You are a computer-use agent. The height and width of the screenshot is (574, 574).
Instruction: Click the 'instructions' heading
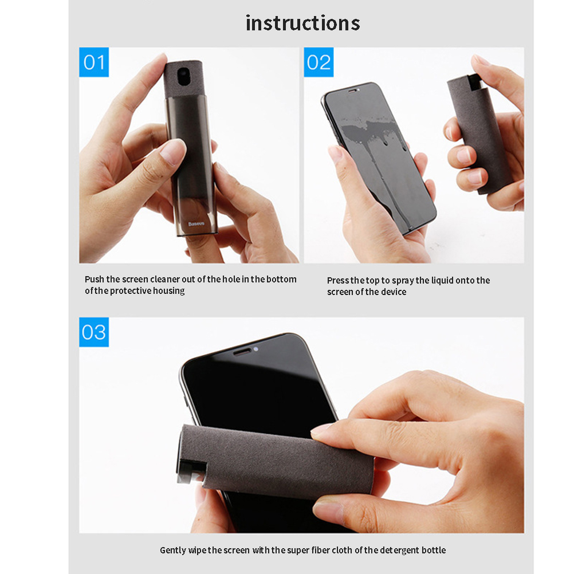click(302, 23)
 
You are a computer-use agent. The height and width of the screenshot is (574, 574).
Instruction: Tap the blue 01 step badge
click(94, 62)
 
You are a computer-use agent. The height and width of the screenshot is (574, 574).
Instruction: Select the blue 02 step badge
click(319, 62)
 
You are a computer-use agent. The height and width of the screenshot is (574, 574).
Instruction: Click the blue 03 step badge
click(94, 332)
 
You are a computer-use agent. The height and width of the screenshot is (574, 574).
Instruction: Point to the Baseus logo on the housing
click(196, 223)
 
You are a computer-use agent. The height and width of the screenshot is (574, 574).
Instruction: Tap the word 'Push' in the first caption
click(95, 280)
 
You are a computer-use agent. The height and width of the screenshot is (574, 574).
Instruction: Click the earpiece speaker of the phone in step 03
click(242, 352)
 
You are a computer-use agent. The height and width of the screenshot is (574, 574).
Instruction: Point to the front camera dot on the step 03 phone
click(256, 349)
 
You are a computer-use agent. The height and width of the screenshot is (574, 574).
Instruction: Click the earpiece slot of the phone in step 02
click(352, 91)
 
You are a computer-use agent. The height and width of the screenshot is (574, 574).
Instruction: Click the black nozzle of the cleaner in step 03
click(191, 473)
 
